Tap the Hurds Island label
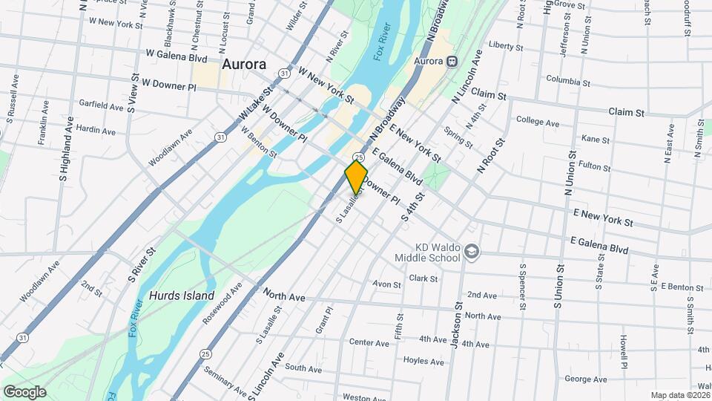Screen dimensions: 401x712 (181, 295)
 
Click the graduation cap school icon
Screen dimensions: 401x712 (472, 252)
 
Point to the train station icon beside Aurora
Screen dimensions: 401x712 (450, 61)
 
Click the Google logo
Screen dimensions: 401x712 (24, 391)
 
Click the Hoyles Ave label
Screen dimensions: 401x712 (423, 362)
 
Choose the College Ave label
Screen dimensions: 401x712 (538, 122)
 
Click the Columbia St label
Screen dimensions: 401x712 (567, 80)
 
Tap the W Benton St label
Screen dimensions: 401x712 (259, 142)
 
